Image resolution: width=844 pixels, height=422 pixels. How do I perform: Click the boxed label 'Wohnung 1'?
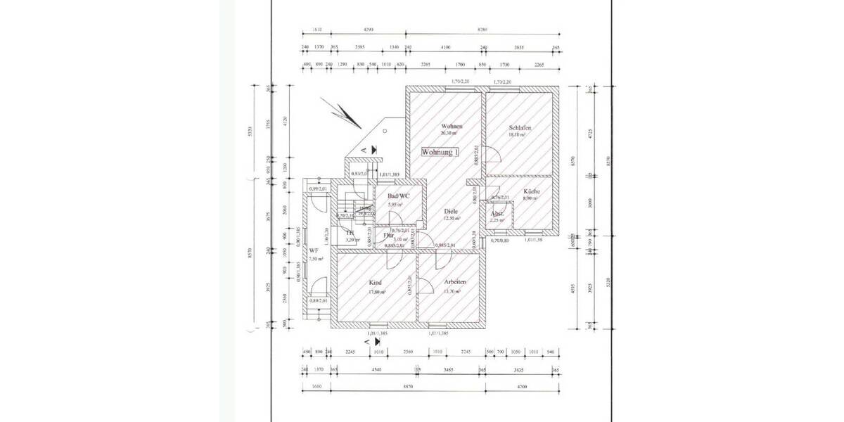click(x=440, y=152)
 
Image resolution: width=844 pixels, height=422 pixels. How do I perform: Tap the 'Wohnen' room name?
click(x=451, y=125)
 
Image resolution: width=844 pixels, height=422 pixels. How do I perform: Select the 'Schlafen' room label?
click(x=519, y=128)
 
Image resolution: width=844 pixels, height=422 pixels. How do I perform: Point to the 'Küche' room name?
click(x=531, y=191)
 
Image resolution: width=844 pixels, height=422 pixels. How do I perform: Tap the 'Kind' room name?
click(x=376, y=283)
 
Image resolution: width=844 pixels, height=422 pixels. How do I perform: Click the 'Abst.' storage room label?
click(x=497, y=213)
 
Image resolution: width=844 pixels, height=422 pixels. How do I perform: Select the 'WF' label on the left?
click(x=314, y=250)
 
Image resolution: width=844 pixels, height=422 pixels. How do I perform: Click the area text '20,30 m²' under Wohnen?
click(x=449, y=133)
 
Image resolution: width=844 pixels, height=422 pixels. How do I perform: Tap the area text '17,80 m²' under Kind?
click(x=376, y=291)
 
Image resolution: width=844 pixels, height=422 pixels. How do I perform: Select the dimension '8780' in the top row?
click(x=482, y=30)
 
